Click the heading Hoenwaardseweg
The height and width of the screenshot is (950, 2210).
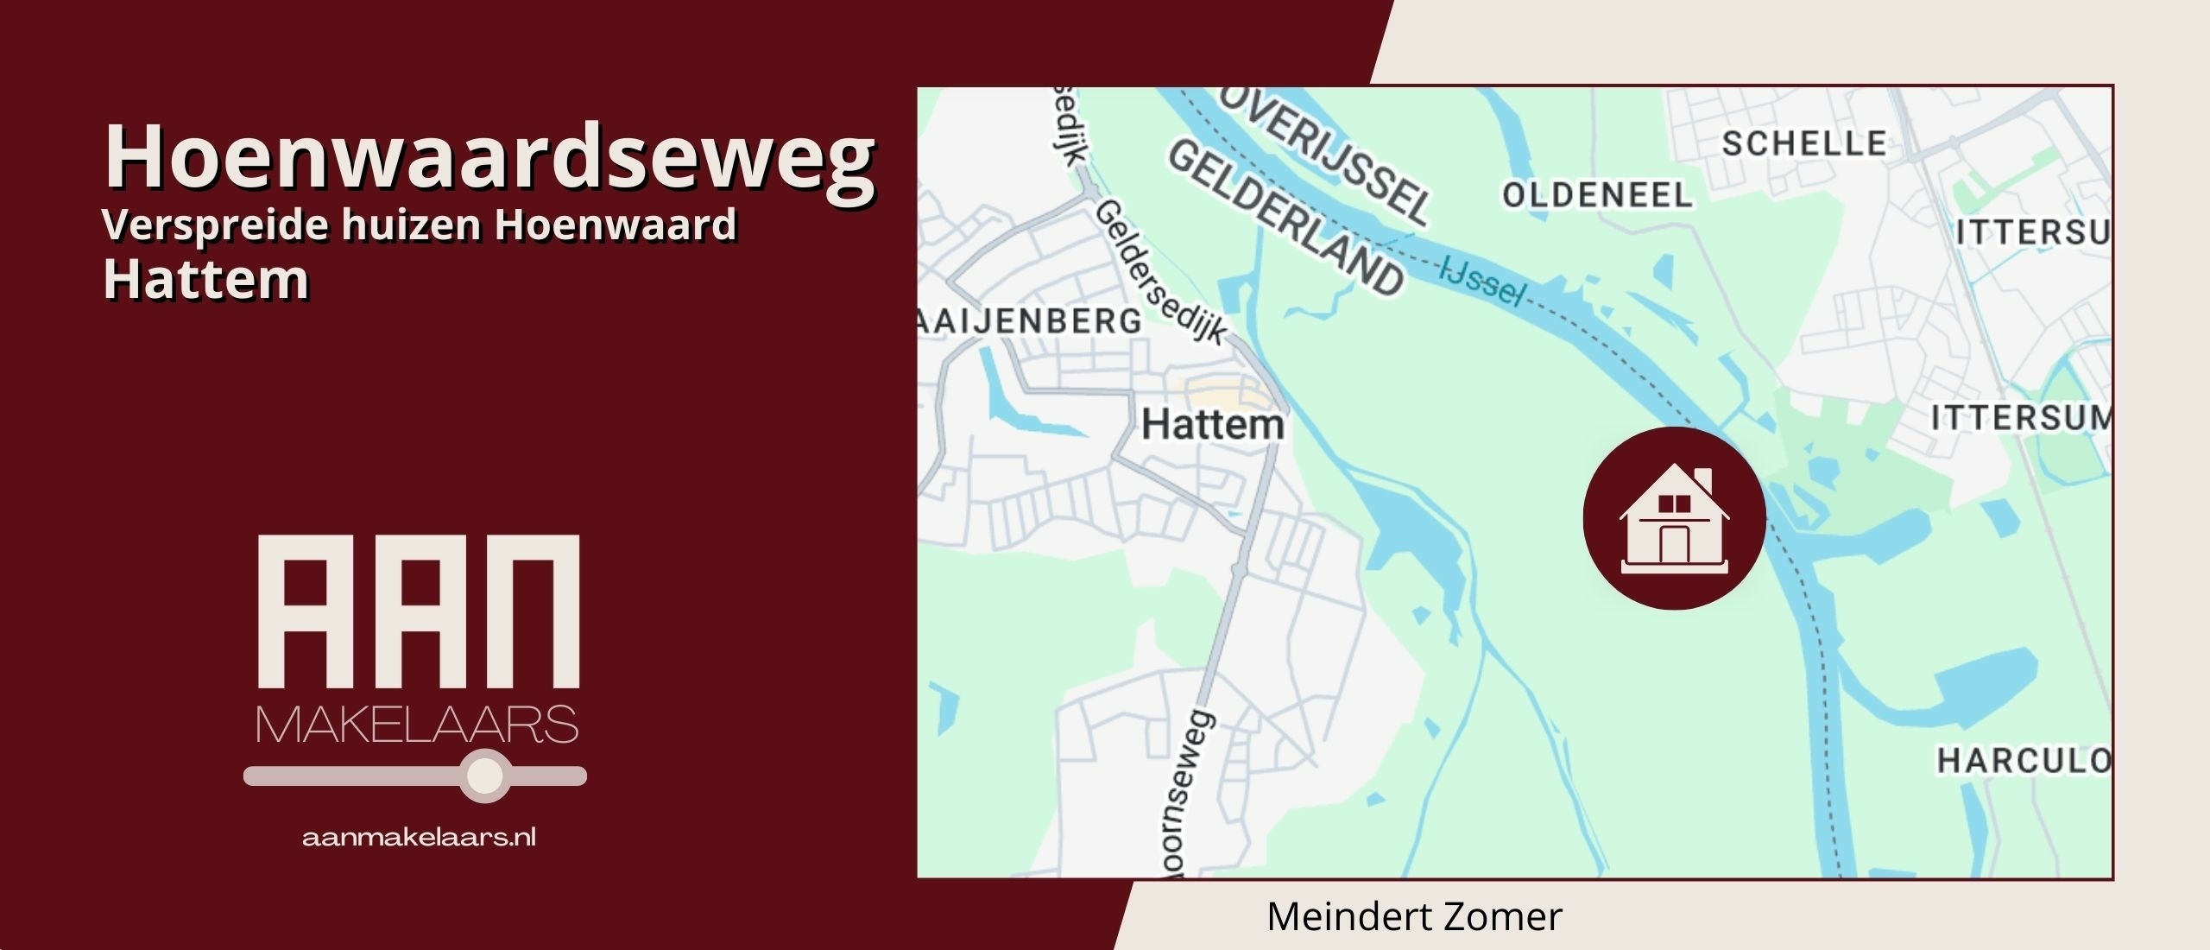(489, 157)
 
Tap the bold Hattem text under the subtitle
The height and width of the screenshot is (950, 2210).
(205, 279)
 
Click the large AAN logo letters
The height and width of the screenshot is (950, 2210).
(419, 611)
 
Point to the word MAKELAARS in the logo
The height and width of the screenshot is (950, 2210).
(417, 725)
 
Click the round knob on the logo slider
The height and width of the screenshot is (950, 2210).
(485, 776)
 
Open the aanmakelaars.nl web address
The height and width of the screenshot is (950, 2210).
(419, 838)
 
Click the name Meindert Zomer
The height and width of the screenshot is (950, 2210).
(1414, 917)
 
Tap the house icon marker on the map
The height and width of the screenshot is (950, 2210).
(1674, 518)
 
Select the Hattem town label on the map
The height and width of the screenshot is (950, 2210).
(1213, 425)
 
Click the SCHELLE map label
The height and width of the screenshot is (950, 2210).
(1804, 143)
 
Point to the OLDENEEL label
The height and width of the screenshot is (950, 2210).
(1597, 195)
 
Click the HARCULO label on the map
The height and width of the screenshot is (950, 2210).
(2024, 761)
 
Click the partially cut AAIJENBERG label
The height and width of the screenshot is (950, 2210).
(1029, 321)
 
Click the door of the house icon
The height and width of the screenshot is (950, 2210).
(1674, 544)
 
